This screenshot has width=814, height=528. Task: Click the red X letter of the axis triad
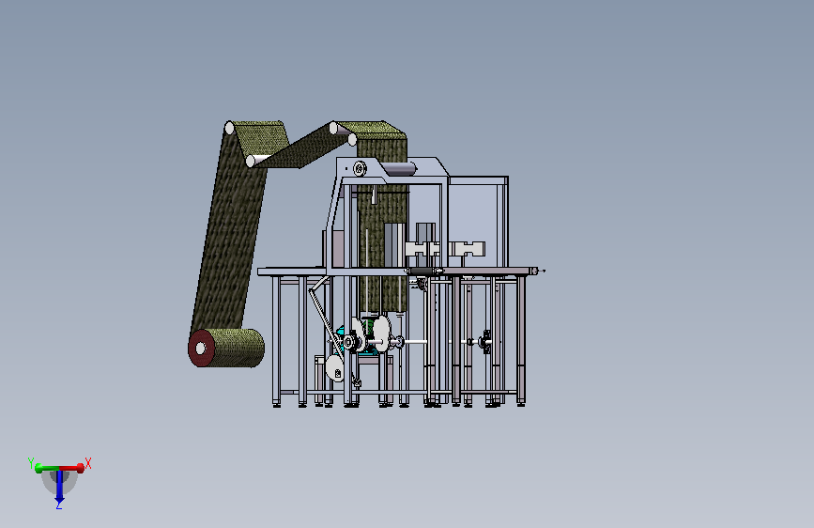87,463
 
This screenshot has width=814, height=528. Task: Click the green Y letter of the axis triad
31,462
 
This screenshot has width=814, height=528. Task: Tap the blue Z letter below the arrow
58,505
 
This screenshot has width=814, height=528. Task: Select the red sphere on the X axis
81,468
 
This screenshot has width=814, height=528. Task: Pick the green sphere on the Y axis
38,469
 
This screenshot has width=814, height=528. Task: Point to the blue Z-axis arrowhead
60,499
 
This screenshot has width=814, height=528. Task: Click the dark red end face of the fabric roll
201,349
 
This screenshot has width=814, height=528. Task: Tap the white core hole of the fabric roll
200,349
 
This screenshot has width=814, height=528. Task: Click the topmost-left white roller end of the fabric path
229,128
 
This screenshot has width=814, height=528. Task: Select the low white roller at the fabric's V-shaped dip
251,161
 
